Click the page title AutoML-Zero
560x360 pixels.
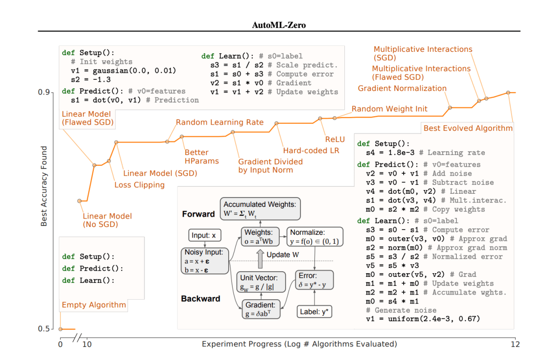pos(279,25)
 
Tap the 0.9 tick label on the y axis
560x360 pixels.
pos(44,92)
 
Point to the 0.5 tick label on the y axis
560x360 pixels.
pos(44,329)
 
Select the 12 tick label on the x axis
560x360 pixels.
pos(515,345)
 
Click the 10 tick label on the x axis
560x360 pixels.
pos(87,345)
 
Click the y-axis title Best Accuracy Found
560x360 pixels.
pos(44,186)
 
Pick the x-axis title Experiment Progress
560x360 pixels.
pos(299,344)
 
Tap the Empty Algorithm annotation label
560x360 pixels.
pos(94,305)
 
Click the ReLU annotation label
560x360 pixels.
pos(335,139)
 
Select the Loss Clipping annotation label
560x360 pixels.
pos(140,185)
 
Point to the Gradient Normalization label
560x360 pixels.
pos(402,88)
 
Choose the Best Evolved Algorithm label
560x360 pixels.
pos(468,128)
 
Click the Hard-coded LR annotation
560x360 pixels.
pos(311,150)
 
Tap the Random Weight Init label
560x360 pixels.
pos(389,109)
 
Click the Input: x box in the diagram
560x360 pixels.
pos(204,236)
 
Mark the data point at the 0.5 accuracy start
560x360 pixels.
pos(60,329)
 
